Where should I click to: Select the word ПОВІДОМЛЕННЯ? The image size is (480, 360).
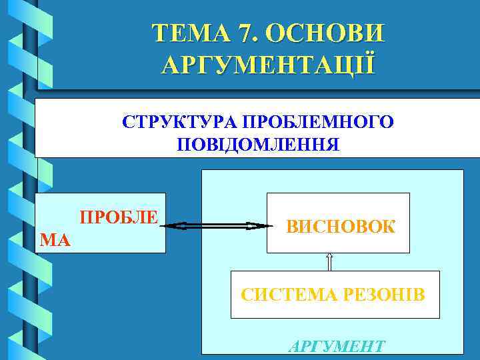point(258,145)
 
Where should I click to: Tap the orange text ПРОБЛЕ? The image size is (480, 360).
point(119,218)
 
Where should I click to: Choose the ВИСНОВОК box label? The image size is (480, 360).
point(341,226)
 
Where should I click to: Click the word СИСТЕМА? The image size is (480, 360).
point(281,294)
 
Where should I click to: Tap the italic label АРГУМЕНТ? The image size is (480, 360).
point(336,346)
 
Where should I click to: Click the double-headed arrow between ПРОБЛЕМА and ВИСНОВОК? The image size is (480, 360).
point(217,227)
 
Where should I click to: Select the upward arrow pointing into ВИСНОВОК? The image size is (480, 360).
point(329,261)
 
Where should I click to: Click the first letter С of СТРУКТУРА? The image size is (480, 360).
point(127,123)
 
